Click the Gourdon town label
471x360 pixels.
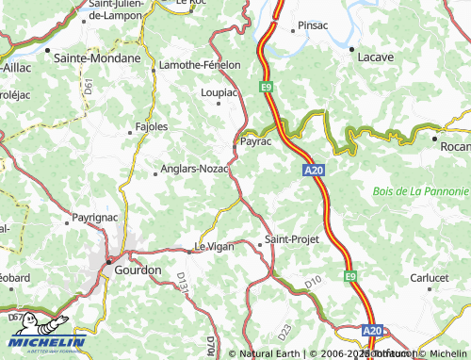point(111,270)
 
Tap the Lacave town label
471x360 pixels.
point(375,57)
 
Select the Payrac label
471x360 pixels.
point(256,140)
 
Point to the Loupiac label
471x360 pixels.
point(220,92)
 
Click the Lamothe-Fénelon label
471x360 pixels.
point(200,64)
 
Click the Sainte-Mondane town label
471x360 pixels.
point(97,57)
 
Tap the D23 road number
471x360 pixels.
point(284,330)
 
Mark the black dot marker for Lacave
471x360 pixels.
point(351,47)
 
